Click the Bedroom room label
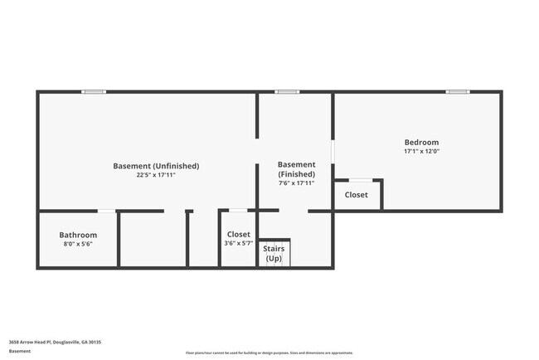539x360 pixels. (421, 142)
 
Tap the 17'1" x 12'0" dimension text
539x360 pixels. (421, 152)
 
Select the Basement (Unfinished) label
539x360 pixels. (156, 166)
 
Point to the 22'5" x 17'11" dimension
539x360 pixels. (156, 176)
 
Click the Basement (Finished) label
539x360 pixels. (296, 169)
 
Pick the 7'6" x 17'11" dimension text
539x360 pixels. (296, 183)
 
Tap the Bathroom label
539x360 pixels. (78, 235)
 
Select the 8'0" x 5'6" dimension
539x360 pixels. (78, 245)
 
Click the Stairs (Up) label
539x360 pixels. (273, 253)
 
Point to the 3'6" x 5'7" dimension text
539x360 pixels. (238, 244)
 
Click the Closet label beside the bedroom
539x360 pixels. (357, 195)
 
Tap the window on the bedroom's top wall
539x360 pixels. (458, 92)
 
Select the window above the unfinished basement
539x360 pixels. (94, 92)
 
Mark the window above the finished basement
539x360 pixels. (287, 92)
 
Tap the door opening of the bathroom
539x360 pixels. (106, 212)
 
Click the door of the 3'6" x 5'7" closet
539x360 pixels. (238, 211)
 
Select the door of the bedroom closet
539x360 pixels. (360, 180)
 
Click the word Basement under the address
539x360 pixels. (20, 351)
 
